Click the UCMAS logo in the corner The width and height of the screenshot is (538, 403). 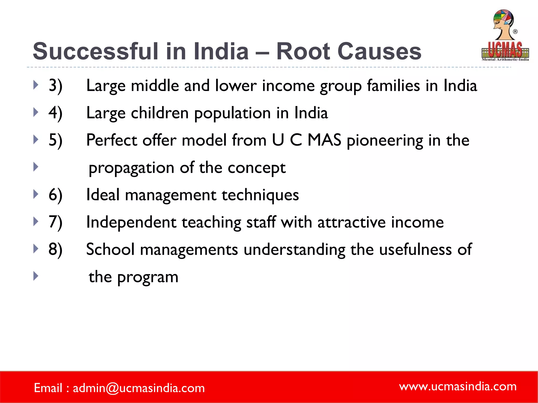pos(505,35)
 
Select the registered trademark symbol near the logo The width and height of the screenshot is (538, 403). pos(515,32)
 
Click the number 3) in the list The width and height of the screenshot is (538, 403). pos(55,86)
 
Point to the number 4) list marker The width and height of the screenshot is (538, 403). pos(55,113)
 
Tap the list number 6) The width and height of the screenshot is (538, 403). pos(55,195)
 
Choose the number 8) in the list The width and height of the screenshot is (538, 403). pos(55,249)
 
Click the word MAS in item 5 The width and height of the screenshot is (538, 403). pos(324,140)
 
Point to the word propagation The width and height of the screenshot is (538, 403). pos(131,168)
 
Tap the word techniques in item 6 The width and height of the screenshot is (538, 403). pos(260,195)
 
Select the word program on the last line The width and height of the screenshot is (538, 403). pos(148,277)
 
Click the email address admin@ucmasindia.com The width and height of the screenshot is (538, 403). pos(139,388)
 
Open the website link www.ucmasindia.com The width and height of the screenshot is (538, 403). pos(458,386)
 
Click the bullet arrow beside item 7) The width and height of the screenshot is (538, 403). pos(36,221)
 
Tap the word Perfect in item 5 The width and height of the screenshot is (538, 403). pos(112,140)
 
